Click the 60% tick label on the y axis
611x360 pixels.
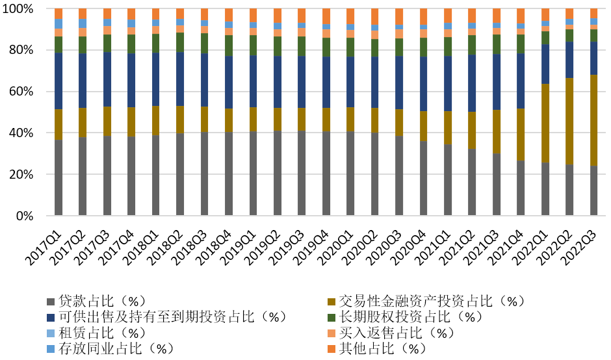(29, 92)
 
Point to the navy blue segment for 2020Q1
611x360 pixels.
(350, 82)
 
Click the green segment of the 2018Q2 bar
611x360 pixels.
(180, 42)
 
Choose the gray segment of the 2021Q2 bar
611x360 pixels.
(472, 183)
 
